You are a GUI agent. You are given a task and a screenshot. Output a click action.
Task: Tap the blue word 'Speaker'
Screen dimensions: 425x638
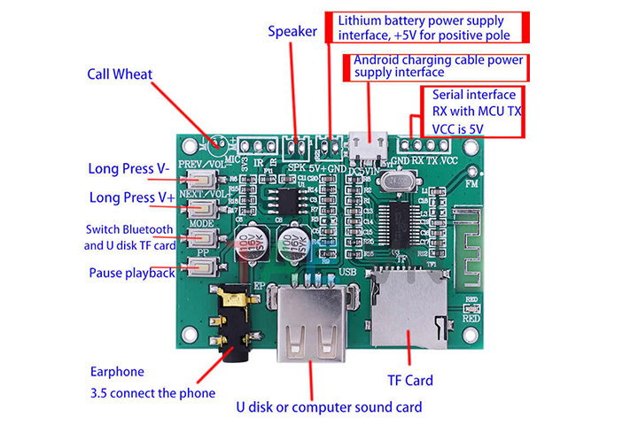(292, 31)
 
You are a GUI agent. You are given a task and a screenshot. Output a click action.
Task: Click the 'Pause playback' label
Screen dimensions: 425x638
(131, 273)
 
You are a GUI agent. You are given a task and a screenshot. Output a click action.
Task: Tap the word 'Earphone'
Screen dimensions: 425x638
(116, 372)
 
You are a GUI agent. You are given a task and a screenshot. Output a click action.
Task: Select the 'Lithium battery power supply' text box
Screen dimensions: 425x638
(429, 27)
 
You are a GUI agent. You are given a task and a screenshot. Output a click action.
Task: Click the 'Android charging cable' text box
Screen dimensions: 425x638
(438, 67)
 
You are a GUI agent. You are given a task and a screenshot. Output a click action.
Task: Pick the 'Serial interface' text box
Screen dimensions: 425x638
(475, 112)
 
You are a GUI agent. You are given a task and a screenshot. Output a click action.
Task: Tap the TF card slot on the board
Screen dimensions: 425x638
(407, 310)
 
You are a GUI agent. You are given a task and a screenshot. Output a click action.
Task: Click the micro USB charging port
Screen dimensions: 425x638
(366, 143)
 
